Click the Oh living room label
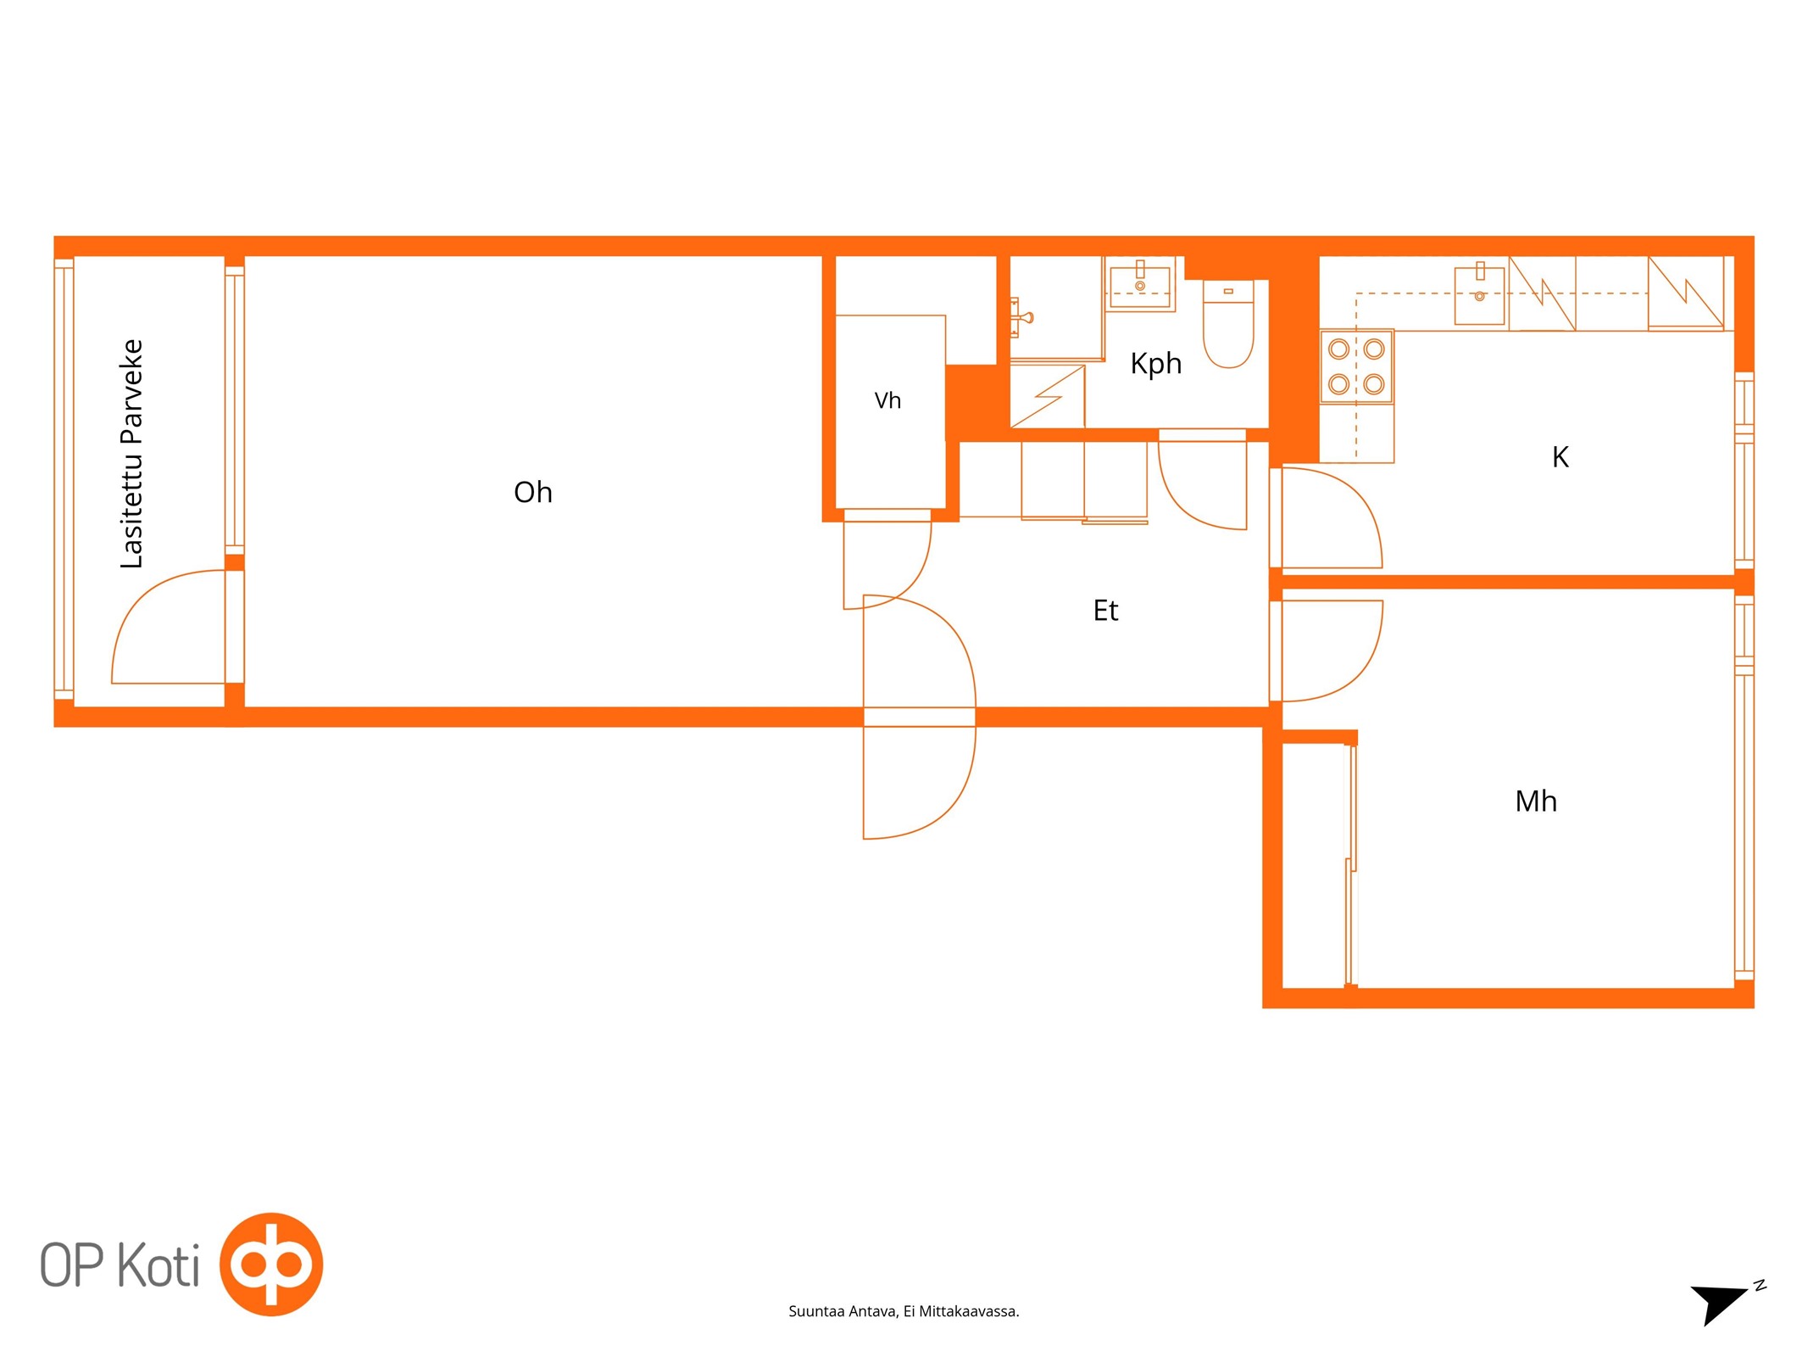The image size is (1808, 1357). click(x=532, y=492)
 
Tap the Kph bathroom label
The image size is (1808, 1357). click(x=1155, y=364)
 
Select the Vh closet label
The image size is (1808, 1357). click(x=887, y=400)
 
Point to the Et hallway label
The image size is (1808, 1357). click(x=1105, y=611)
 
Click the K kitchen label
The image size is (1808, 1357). click(x=1560, y=457)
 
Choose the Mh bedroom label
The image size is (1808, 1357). click(x=1536, y=801)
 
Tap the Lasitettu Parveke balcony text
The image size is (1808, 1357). click(x=131, y=454)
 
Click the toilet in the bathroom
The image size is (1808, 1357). click(x=1228, y=324)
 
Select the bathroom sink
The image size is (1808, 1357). click(x=1140, y=284)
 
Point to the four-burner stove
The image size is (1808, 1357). click(x=1356, y=366)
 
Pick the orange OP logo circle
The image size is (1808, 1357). click(x=271, y=1264)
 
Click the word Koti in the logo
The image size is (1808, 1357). click(x=159, y=1265)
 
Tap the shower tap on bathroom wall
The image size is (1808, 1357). click(x=1021, y=318)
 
